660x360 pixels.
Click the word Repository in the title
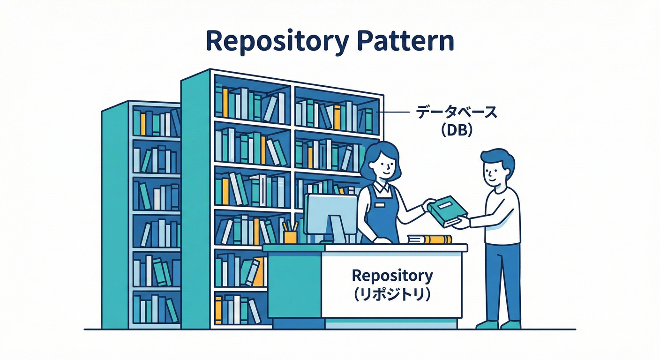(277, 41)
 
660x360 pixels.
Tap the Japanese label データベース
(456, 113)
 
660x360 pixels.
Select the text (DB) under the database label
(456, 131)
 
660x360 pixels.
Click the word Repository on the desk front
(392, 276)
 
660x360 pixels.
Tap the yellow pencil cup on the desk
(290, 237)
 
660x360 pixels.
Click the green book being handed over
(447, 211)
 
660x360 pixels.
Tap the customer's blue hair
(500, 158)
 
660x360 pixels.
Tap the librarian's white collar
(380, 187)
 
